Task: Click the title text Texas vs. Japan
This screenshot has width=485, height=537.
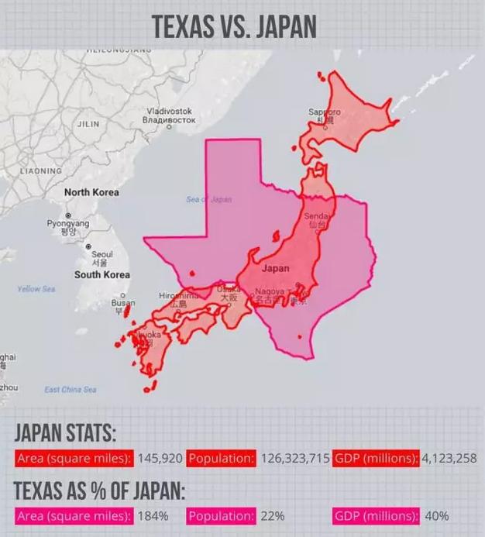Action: tap(234, 25)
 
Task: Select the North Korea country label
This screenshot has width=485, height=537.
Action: tap(91, 192)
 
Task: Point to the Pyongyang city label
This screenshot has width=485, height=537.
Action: tap(68, 226)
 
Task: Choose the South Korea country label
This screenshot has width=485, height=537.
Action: tap(101, 275)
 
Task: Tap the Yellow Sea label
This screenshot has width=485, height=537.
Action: tap(36, 289)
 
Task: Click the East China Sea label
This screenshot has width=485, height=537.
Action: tap(71, 389)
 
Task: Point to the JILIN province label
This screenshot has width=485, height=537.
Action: tap(88, 124)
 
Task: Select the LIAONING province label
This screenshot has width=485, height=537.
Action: tap(40, 170)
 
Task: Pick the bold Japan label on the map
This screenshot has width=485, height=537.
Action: tap(276, 269)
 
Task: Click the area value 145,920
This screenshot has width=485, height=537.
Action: tap(160, 459)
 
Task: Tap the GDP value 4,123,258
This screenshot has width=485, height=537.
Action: tap(449, 459)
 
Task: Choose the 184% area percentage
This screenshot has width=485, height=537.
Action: tap(153, 515)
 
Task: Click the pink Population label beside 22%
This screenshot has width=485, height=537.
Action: tap(221, 515)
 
